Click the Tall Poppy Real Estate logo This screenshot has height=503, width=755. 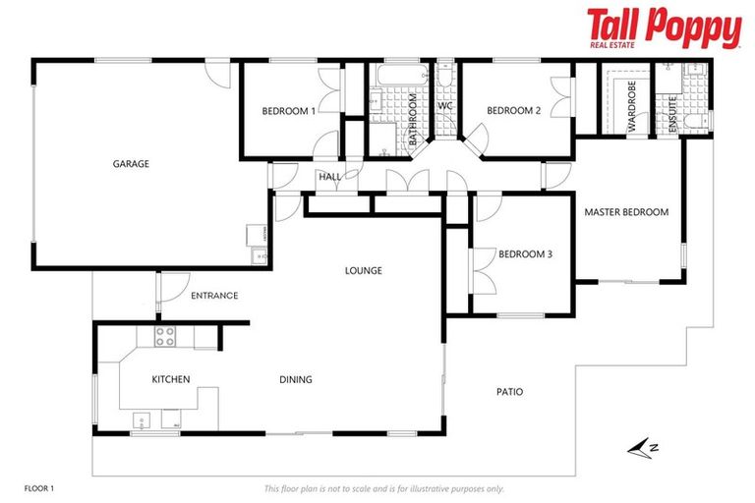(x=664, y=28)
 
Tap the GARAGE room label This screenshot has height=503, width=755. (x=131, y=164)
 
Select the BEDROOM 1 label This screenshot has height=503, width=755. (x=288, y=111)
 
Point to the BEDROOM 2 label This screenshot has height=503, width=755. (x=513, y=111)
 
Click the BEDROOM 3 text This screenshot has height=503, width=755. (x=525, y=253)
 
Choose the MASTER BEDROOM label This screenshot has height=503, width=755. (x=626, y=211)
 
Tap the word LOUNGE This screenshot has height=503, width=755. (x=363, y=270)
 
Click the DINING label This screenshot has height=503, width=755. (x=295, y=379)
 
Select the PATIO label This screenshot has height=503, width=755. (x=508, y=391)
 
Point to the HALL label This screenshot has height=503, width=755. (x=328, y=177)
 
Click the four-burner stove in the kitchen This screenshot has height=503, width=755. (x=165, y=336)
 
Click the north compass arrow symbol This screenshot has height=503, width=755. (x=644, y=449)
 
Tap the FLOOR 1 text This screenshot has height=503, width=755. (x=39, y=488)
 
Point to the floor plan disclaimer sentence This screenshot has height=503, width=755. (x=383, y=488)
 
